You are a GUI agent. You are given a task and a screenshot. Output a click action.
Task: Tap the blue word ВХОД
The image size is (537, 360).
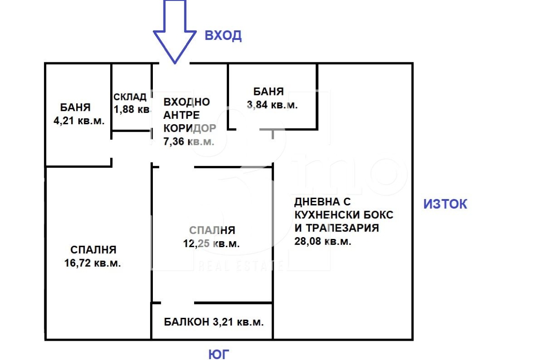[224, 35]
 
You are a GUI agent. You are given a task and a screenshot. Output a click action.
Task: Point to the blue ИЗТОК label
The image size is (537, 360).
[445, 204]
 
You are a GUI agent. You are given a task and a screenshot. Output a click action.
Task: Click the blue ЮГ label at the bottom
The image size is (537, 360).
[218, 354]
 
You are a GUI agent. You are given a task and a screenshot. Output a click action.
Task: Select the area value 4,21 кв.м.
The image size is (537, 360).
[79, 121]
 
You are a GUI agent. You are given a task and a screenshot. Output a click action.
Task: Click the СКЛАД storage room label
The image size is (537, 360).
[130, 97]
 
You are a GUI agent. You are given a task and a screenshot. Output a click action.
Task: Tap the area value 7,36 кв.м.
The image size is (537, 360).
[189, 141]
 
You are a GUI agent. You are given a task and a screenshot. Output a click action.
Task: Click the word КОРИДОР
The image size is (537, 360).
[190, 128]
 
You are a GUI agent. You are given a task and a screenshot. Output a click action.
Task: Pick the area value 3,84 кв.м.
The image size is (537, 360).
[272, 105]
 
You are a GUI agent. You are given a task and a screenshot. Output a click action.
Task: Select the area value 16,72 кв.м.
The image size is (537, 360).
[92, 263]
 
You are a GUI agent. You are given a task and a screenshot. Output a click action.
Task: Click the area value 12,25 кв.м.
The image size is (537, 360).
[211, 244]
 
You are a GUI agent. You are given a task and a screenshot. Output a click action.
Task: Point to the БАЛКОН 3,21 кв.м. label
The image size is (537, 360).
[214, 322]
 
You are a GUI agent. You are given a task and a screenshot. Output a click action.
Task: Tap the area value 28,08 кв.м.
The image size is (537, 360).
[323, 241]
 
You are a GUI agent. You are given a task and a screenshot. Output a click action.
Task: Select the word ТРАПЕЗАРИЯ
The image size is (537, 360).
[342, 228]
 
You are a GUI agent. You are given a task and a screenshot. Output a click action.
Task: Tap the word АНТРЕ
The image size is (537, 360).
[181, 115]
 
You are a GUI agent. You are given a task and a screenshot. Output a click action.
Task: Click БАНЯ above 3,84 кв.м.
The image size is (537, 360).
[268, 92]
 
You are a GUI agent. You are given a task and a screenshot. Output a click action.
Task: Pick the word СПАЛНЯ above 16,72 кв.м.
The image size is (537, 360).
[93, 250]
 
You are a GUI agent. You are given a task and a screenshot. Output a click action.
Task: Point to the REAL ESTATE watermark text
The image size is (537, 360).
[241, 266]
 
